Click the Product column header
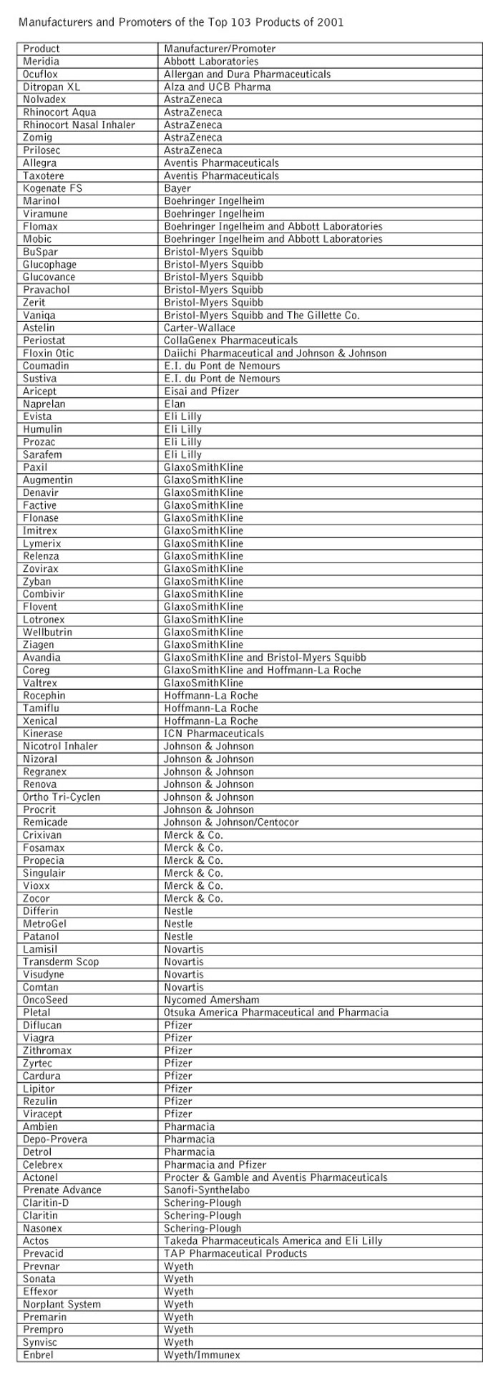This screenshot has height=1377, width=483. (42, 49)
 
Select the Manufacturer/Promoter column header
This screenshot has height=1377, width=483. (219, 49)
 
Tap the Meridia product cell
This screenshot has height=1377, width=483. (41, 62)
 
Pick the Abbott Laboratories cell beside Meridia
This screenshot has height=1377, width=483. (211, 62)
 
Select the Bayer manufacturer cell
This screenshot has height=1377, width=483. (177, 188)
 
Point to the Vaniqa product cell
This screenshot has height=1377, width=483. (39, 315)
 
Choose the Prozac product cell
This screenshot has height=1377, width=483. (39, 442)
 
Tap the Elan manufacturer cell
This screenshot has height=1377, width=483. (175, 404)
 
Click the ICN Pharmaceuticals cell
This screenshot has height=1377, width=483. (213, 734)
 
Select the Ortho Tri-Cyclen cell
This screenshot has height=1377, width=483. (62, 797)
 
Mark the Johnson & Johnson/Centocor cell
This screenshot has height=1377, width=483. (231, 822)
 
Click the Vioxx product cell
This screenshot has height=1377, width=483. (36, 885)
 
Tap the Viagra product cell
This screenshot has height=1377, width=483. (37, 1038)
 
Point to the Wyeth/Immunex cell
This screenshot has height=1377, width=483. (202, 1355)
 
